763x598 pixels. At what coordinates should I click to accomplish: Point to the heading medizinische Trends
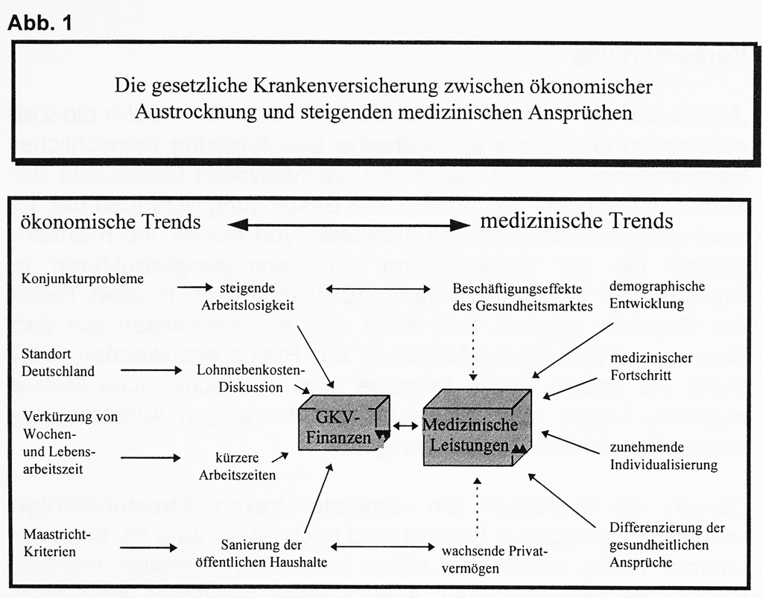[x=576, y=220]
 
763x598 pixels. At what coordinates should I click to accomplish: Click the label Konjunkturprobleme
[x=83, y=280]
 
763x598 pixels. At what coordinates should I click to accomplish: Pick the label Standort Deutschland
[x=58, y=361]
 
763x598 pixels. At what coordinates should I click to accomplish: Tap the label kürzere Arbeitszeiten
[x=242, y=466]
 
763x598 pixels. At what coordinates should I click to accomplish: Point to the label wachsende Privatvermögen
[x=494, y=560]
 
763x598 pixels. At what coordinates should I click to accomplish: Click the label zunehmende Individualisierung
[x=662, y=457]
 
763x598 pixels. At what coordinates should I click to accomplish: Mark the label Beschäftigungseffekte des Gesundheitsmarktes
[x=522, y=296]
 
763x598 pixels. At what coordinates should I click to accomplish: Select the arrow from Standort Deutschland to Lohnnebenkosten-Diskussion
[x=150, y=370]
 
